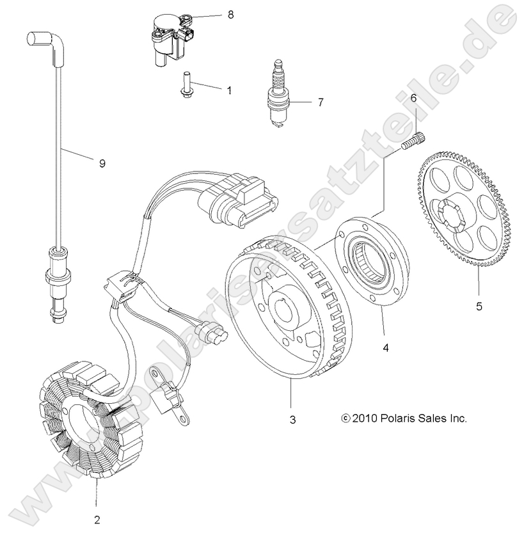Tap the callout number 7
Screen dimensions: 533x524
coord(321,102)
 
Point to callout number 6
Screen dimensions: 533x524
coord(413,98)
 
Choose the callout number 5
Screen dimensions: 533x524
coord(479,306)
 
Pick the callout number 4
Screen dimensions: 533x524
coord(385,347)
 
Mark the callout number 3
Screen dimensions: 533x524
coord(292,420)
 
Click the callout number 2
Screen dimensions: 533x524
coord(97,518)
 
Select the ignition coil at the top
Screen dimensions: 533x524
coord(170,37)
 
